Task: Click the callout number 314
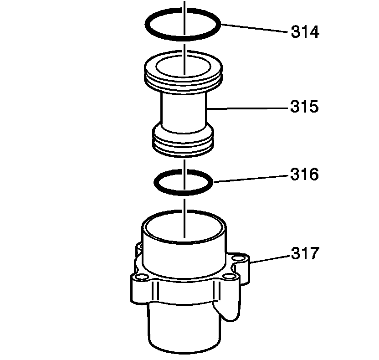click(x=305, y=32)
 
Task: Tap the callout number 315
click(x=305, y=106)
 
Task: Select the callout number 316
click(x=305, y=174)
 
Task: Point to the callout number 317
click(x=305, y=253)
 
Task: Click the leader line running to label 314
click(x=254, y=28)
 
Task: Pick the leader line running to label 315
click(x=248, y=108)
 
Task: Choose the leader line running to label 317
click(x=269, y=259)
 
